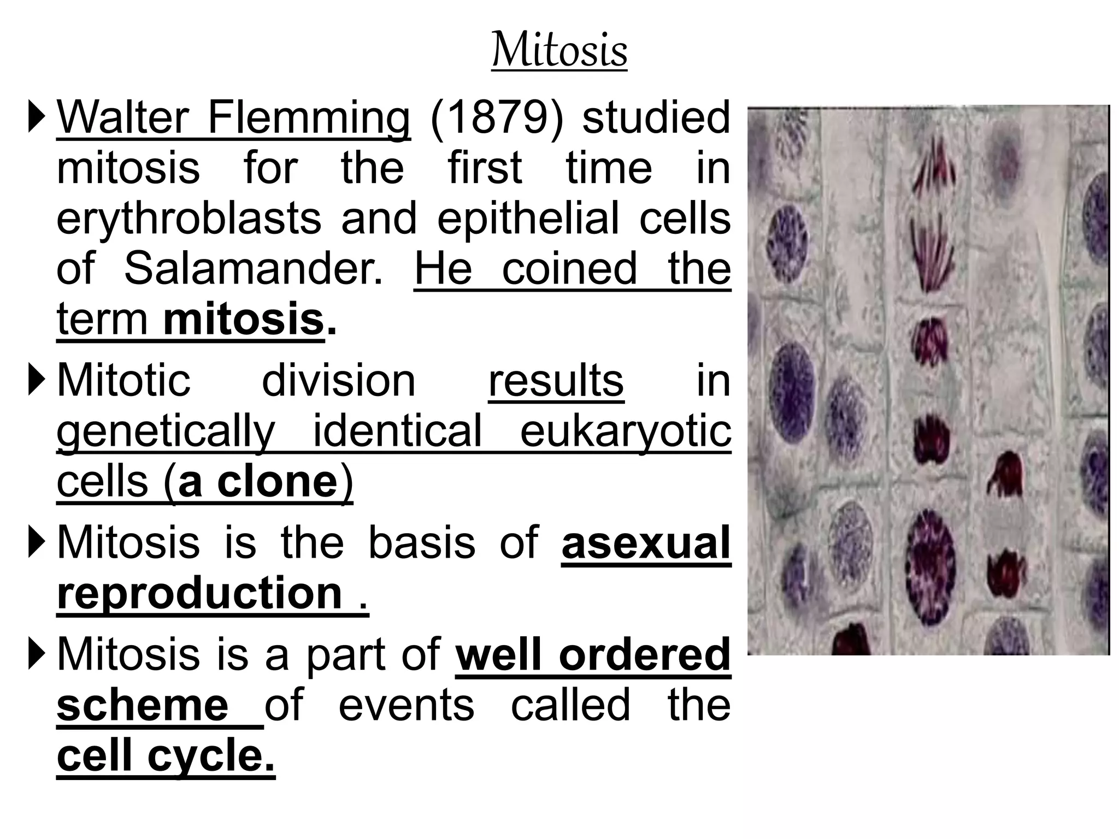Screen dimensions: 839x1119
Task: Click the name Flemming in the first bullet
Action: pyautogui.click(x=309, y=118)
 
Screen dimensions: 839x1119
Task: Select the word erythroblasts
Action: pyautogui.click(x=189, y=218)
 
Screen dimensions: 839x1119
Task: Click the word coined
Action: pyautogui.click(x=569, y=269)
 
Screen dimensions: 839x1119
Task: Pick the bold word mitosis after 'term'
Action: pyautogui.click(x=244, y=320)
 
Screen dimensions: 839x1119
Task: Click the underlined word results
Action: pyautogui.click(x=556, y=381)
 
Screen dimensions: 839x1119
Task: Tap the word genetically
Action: pyautogui.click(x=166, y=432)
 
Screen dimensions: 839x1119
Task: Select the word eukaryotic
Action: pyautogui.click(x=625, y=432)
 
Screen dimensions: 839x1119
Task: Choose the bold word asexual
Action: pyautogui.click(x=646, y=543)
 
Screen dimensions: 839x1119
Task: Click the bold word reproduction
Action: pyautogui.click(x=199, y=593)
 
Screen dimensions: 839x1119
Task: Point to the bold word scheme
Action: pyautogui.click(x=143, y=705)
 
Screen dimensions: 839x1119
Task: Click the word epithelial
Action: pyautogui.click(x=528, y=218)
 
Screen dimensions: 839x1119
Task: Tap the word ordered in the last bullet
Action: pyautogui.click(x=644, y=654)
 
